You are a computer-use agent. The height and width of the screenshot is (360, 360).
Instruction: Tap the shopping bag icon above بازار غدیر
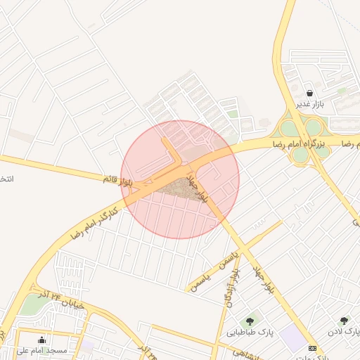310,93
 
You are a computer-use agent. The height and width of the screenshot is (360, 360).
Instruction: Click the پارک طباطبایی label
250,331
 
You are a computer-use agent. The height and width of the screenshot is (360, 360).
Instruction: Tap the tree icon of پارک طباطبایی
250,321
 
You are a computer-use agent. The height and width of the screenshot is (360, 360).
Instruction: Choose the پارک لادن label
344,331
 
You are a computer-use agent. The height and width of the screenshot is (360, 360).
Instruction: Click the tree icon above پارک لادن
344,321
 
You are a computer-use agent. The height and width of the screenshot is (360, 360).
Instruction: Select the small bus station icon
313,348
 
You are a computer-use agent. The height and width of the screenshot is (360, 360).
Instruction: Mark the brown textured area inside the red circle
179,188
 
